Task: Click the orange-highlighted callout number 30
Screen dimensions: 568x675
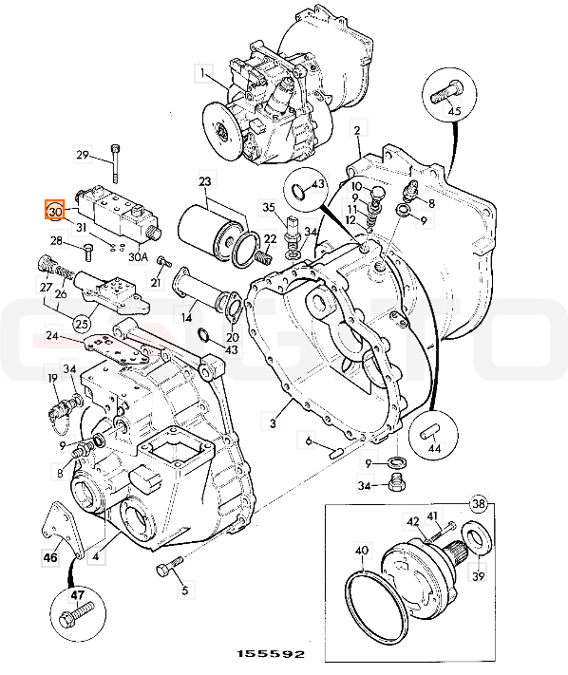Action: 55,211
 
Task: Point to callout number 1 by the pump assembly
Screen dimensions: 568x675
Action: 203,74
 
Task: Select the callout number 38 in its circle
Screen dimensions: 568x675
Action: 480,504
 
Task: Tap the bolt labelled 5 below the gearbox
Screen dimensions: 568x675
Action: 169,566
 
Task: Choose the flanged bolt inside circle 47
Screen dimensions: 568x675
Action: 77,615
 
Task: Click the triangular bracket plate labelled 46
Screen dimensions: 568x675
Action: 62,531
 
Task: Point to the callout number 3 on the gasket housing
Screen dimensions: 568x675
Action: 273,423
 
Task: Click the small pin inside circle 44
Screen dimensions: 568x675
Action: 429,431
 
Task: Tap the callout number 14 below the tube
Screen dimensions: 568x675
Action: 186,318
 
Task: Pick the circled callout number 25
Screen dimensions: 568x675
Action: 82,324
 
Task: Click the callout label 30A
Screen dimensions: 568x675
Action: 139,256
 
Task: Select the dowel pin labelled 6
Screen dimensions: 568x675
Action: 336,453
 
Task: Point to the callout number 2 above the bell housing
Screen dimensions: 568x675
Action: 357,129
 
